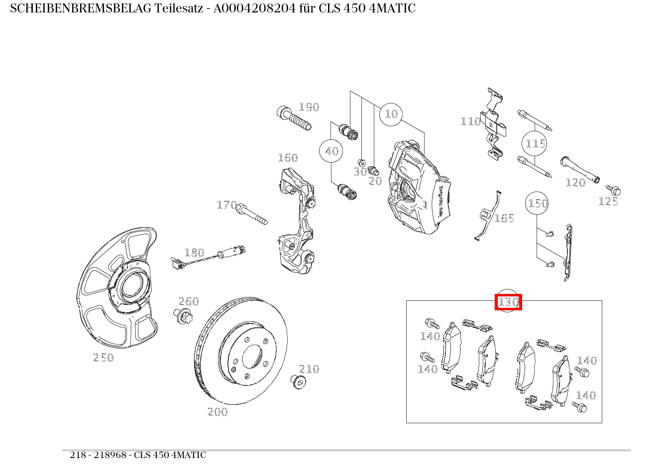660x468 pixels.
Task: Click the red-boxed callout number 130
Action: [508, 302]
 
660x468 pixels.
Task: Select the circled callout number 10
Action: [391, 114]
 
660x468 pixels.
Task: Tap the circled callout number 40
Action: [331, 151]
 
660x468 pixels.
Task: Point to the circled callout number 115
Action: [536, 144]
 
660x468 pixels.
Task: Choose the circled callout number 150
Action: [538, 203]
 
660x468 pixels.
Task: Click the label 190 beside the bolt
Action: [309, 107]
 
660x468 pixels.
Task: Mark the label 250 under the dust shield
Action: [104, 358]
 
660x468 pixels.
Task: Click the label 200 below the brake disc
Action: [218, 412]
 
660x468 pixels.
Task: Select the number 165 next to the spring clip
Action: [504, 218]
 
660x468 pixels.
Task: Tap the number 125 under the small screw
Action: [608, 201]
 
